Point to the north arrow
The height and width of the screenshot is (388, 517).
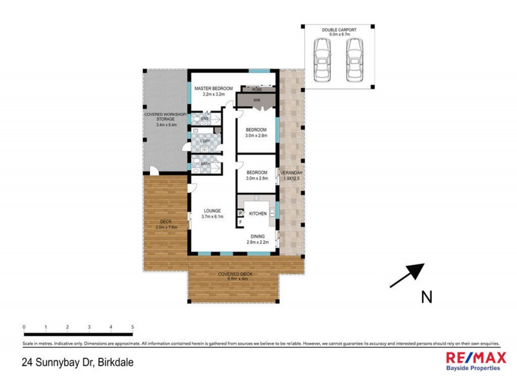click(x=407, y=275)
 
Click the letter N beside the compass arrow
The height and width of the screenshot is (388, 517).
click(x=426, y=297)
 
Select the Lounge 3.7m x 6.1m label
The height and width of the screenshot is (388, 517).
click(x=213, y=213)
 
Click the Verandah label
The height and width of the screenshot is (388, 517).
click(x=291, y=175)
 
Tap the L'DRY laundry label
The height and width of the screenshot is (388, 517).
click(x=205, y=142)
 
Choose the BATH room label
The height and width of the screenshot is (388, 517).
click(x=205, y=164)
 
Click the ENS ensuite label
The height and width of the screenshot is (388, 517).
click(x=204, y=120)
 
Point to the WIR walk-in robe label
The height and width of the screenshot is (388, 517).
click(x=257, y=100)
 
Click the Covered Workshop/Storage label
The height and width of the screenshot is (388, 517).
click(x=165, y=120)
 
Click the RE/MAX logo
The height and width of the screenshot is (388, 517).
click(x=474, y=360)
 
